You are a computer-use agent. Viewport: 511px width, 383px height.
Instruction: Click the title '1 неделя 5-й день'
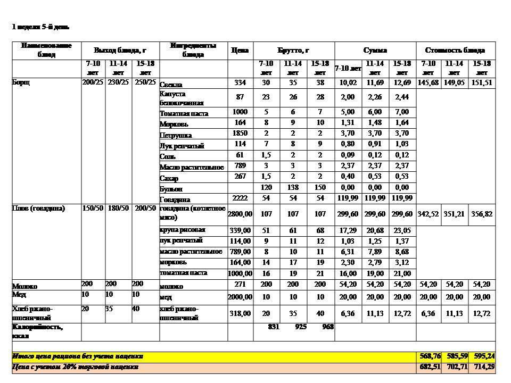[x=40, y=27]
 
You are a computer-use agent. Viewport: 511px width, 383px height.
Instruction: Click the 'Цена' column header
[x=240, y=50]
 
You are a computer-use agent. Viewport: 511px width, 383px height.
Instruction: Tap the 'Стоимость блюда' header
[x=455, y=50]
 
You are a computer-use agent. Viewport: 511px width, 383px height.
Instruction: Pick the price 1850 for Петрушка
[x=240, y=134]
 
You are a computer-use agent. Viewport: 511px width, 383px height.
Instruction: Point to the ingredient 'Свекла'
[x=171, y=84]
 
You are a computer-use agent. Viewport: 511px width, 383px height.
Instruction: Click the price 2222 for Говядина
[x=240, y=198]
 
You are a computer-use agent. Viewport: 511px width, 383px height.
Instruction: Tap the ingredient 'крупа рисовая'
[x=183, y=230]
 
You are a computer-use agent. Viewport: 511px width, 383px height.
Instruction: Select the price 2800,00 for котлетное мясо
[x=240, y=213]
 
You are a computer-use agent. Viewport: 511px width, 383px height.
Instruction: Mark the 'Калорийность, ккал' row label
[x=37, y=331]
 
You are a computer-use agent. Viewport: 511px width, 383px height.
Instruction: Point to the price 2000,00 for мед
[x=240, y=297]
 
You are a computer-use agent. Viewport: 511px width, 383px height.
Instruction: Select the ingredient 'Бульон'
[x=171, y=188]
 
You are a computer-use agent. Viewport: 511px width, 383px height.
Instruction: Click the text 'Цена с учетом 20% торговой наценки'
[x=76, y=367]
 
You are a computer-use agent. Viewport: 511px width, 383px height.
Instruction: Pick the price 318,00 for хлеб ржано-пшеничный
[x=240, y=313]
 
